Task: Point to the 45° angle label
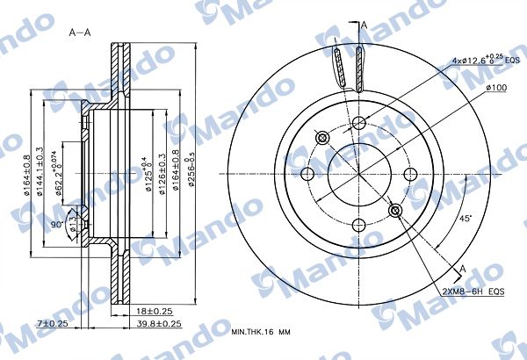point(466,220)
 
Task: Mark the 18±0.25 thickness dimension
point(154,311)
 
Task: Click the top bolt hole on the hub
point(359,123)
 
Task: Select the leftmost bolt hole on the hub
point(307,174)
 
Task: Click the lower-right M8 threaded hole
point(396,210)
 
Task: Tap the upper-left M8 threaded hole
point(321,137)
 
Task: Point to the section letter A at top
point(364,26)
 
